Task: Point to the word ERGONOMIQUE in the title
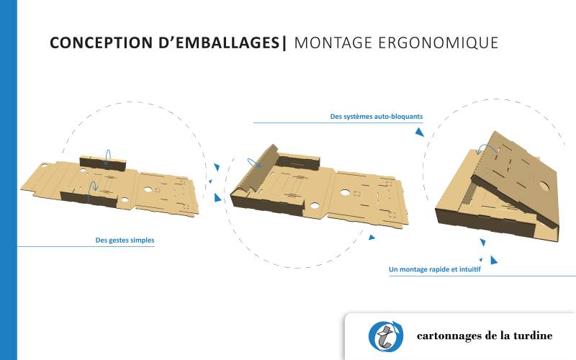click(439, 43)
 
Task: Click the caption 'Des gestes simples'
click(125, 240)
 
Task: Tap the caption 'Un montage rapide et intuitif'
click(434, 270)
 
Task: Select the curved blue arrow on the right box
click(487, 148)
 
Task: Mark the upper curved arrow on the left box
click(107, 157)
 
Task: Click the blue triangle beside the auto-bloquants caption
click(419, 132)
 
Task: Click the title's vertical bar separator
click(285, 43)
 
